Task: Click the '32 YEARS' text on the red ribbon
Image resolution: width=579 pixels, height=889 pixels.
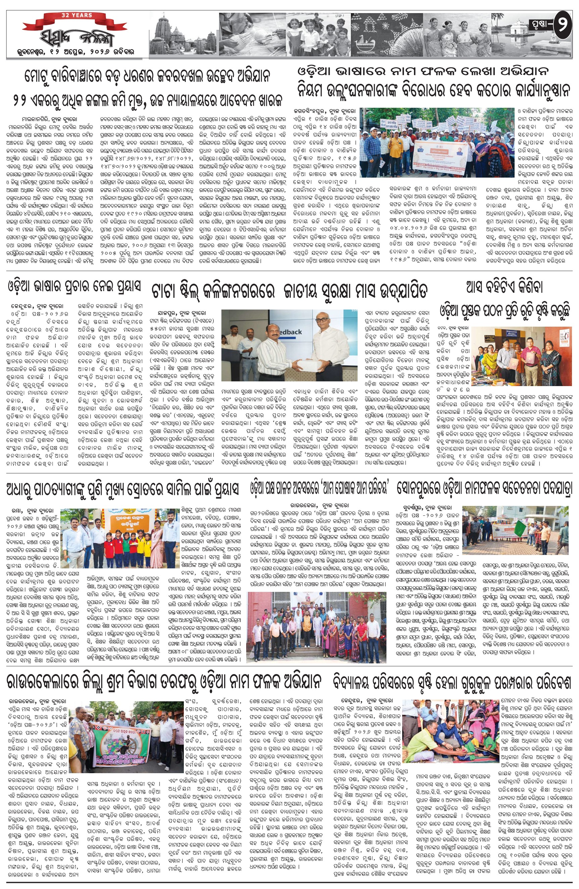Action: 76,15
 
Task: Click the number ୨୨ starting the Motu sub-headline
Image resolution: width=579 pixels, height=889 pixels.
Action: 20,100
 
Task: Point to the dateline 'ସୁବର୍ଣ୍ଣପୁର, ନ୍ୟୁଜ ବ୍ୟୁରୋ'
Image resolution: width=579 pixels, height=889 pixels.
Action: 427,508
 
